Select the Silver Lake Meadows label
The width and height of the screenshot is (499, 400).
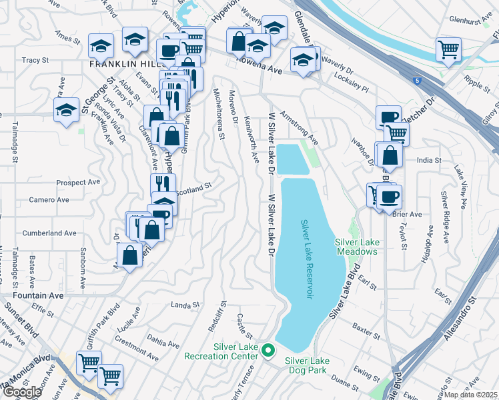tap(356, 247)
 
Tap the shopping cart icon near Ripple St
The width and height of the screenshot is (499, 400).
tap(448, 49)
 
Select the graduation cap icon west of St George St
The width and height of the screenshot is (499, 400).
tap(66, 111)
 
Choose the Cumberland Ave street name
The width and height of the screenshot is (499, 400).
tap(50, 233)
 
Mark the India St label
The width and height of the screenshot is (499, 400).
tap(429, 160)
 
